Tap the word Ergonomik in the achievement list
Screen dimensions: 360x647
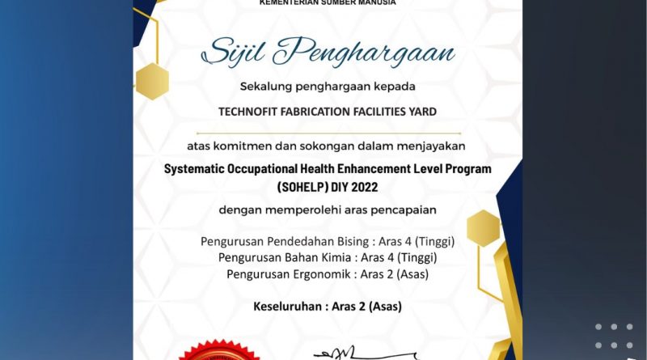point(322,274)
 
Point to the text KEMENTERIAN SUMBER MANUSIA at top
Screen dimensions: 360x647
point(328,3)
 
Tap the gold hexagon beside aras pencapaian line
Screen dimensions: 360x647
point(484,227)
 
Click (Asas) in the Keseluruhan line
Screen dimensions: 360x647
point(383,307)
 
